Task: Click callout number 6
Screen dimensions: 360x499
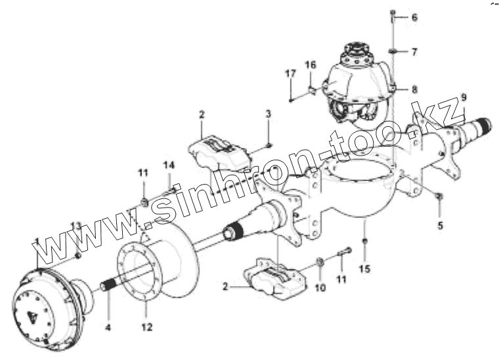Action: pyautogui.click(x=414, y=18)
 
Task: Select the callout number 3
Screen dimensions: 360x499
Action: pyautogui.click(x=268, y=115)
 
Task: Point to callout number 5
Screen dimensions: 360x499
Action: pyautogui.click(x=440, y=225)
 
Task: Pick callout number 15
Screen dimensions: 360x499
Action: pyautogui.click(x=365, y=268)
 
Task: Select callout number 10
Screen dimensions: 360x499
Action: pyautogui.click(x=321, y=288)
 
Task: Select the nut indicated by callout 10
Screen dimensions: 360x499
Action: pyautogui.click(x=319, y=263)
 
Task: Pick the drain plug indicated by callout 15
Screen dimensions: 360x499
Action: pyautogui.click(x=365, y=242)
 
